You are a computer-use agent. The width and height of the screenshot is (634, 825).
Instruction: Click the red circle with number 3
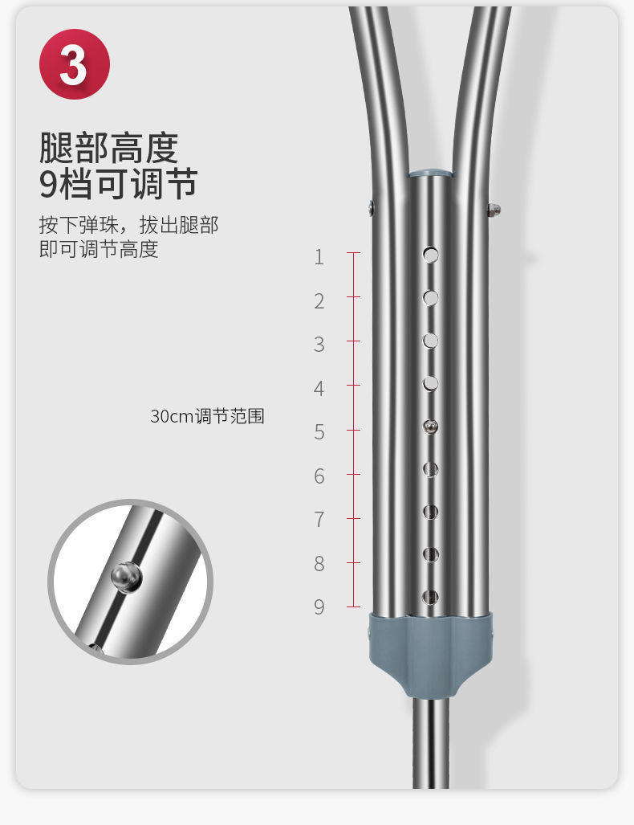tap(75, 64)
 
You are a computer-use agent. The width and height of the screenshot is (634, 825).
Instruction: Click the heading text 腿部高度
tap(108, 148)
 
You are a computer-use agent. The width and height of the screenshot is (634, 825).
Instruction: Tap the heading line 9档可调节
tap(118, 184)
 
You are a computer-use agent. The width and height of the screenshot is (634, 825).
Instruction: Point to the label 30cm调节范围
tap(207, 416)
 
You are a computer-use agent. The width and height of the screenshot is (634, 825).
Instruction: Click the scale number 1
tap(319, 257)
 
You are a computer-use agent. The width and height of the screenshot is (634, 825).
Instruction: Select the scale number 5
tap(319, 432)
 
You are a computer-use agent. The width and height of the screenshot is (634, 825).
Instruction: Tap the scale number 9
tap(319, 606)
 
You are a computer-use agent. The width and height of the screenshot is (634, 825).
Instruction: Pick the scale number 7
tap(319, 520)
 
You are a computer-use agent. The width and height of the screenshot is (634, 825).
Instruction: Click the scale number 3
tap(319, 345)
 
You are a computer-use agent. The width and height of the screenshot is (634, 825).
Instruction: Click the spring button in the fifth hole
tap(431, 427)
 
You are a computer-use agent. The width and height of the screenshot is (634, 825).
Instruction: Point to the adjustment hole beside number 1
tap(431, 255)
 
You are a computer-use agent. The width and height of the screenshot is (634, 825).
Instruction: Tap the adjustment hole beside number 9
tap(431, 597)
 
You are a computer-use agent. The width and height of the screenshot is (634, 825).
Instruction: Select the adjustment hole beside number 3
tap(431, 341)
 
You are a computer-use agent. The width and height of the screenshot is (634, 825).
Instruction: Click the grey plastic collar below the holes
tap(430, 647)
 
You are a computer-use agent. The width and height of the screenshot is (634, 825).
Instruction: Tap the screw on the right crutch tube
tap(494, 210)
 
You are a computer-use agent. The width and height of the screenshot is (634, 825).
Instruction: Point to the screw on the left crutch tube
tap(371, 208)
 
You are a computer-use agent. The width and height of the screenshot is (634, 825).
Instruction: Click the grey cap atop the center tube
tap(430, 173)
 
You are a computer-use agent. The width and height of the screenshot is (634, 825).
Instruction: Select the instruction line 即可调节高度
tap(99, 249)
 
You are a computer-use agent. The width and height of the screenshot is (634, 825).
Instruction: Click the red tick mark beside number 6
tap(353, 475)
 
